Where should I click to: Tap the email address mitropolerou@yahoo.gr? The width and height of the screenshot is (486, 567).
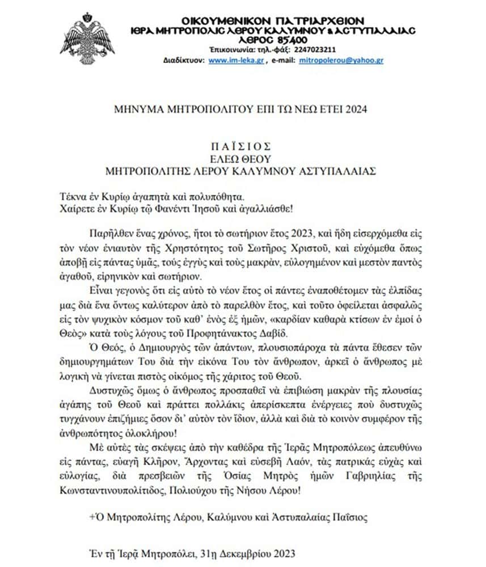[x=349, y=60]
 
